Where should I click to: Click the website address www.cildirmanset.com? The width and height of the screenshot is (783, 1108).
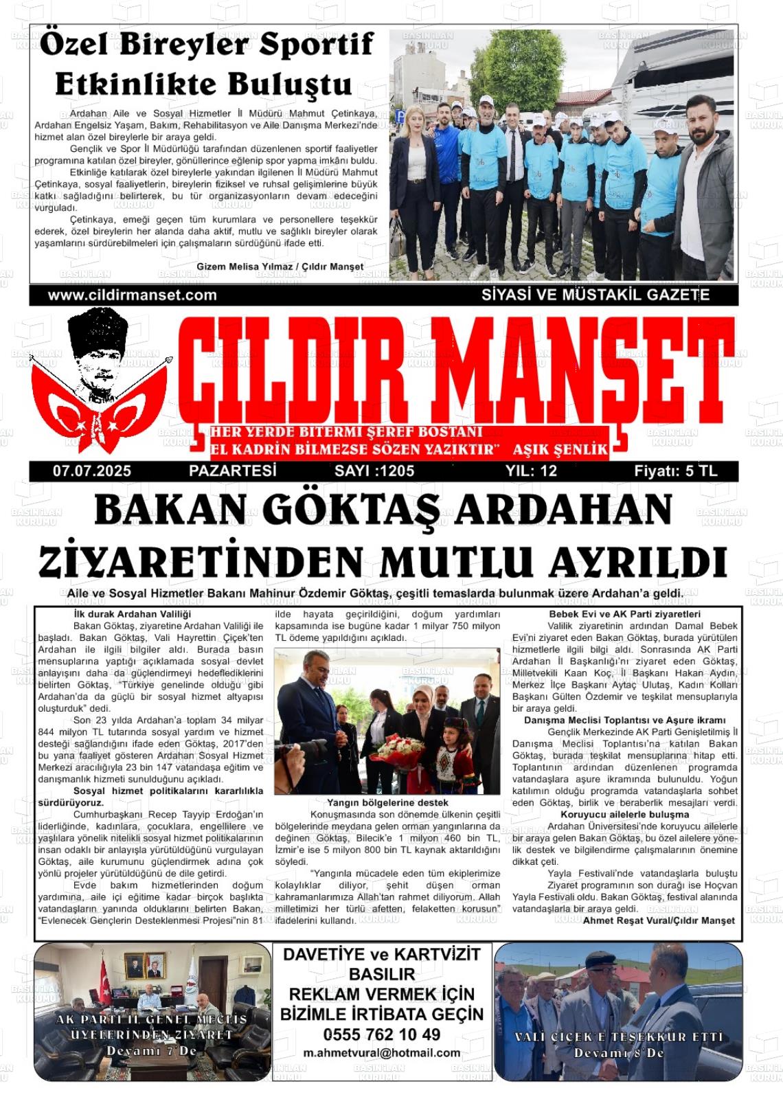coord(132,295)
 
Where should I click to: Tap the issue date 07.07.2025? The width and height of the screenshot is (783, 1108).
coord(92,471)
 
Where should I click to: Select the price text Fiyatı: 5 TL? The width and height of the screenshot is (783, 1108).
coord(675,471)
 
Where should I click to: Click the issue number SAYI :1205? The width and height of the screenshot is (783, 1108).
coord(374,471)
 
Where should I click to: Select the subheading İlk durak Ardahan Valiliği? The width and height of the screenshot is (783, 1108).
coord(132,614)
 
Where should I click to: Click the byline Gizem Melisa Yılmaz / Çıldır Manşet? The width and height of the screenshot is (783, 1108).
coord(280,267)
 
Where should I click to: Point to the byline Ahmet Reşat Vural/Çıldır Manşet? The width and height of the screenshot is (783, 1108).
coord(659,920)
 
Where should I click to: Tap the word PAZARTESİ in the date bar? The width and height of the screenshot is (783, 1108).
coord(232,471)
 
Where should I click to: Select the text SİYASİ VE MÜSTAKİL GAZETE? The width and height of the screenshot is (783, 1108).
coord(595,295)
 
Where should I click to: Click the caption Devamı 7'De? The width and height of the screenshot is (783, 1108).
coord(151,1051)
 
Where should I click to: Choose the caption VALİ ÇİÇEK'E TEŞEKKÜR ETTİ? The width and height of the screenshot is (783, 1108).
coord(619,1037)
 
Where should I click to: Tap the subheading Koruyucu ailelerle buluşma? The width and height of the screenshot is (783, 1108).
coord(624,815)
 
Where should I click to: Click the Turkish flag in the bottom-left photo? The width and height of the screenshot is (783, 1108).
coord(103,979)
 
